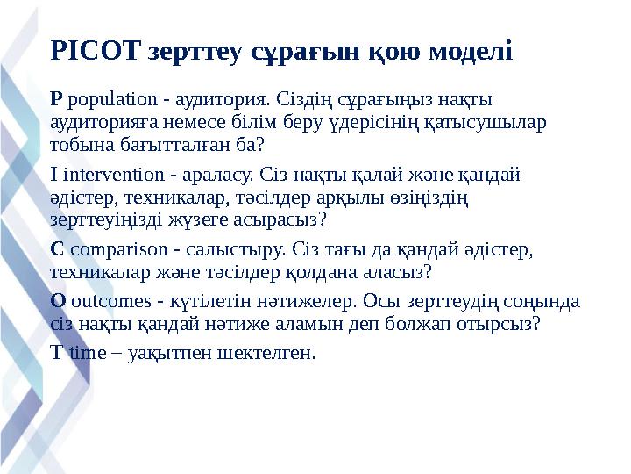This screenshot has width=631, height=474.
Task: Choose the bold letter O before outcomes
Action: (58, 302)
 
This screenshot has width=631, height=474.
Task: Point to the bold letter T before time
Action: (56, 355)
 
